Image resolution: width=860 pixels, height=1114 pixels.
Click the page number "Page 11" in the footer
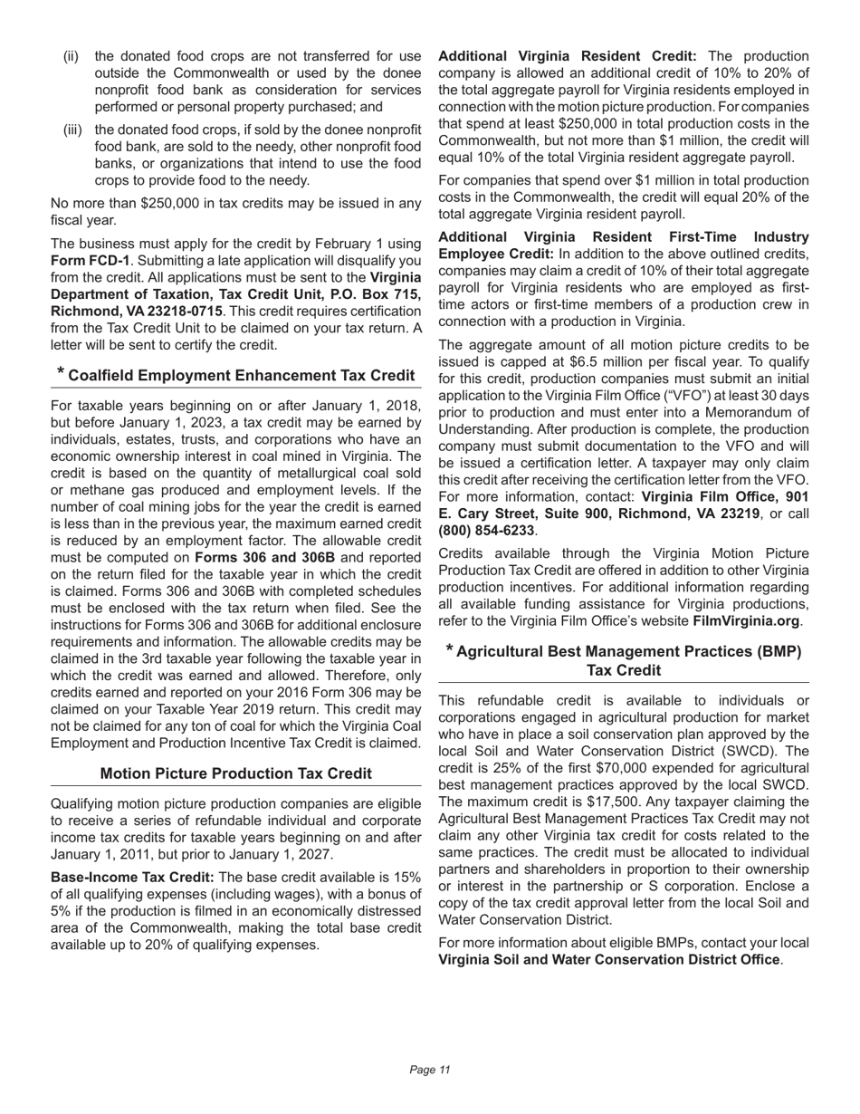pyautogui.click(x=430, y=1070)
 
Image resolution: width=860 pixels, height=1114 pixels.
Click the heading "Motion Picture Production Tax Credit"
pyautogui.click(x=236, y=773)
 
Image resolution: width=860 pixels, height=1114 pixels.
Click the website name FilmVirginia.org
pyautogui.click(x=745, y=621)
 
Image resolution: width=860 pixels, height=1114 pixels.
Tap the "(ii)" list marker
pyautogui.click(x=72, y=57)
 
